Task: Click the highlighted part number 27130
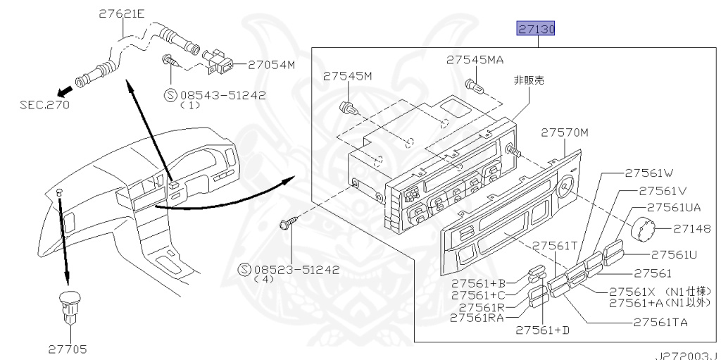click(x=537, y=30)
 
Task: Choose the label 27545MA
click(x=475, y=61)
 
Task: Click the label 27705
click(x=68, y=347)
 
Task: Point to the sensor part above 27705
click(x=68, y=305)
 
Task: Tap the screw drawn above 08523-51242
click(x=287, y=225)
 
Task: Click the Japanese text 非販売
click(x=529, y=80)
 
